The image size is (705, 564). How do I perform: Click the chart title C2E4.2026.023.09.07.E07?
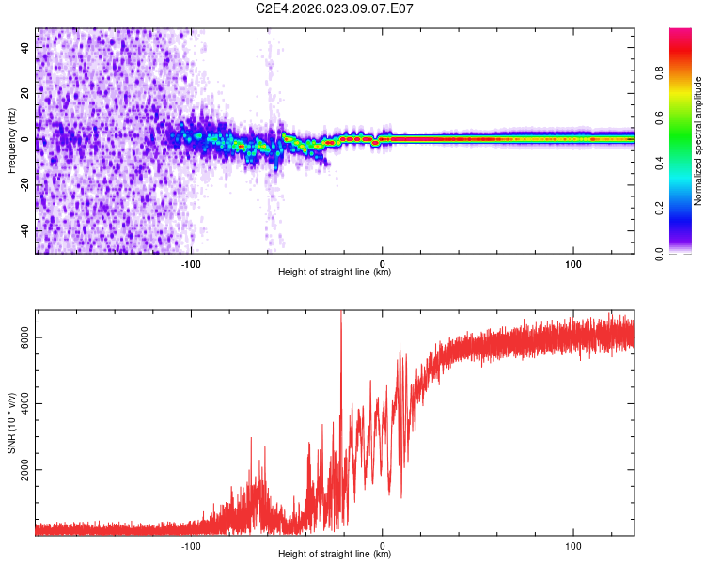tap(335, 8)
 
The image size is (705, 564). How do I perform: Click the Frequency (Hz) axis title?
tap(11, 140)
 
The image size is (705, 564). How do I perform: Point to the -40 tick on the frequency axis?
tap(25, 230)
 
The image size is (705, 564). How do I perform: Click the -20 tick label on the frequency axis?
tap(25, 184)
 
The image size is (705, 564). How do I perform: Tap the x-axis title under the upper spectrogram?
tap(335, 273)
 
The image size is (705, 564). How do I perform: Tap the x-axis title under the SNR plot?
tap(335, 555)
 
